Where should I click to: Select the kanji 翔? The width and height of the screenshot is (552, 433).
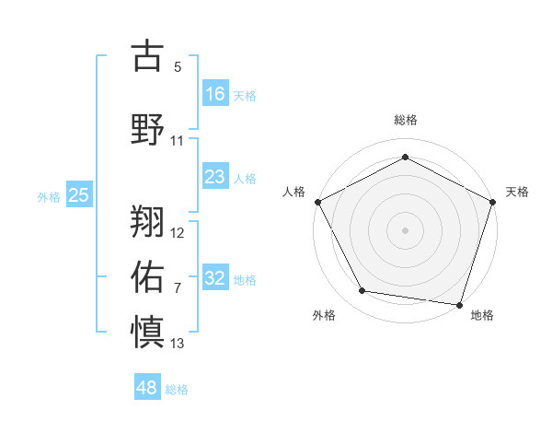[x=148, y=220]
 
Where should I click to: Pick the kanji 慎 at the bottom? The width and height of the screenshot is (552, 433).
[x=148, y=331]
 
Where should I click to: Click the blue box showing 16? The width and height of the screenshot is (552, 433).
[x=215, y=93]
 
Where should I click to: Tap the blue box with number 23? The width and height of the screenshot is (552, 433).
[x=215, y=177]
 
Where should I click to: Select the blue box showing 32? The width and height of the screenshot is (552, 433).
[x=215, y=278]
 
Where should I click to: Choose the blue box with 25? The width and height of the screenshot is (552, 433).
[x=79, y=194]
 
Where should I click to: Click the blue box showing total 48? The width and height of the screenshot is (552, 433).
[x=147, y=388]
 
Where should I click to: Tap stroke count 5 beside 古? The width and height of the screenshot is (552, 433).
[x=178, y=67]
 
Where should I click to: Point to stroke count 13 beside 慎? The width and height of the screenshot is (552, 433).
[x=178, y=344]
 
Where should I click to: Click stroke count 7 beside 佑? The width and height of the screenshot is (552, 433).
[x=178, y=288]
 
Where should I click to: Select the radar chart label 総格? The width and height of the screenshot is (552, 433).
[x=405, y=121]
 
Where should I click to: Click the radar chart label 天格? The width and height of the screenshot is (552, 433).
[x=517, y=192]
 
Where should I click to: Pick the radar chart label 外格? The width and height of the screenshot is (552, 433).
[x=324, y=315]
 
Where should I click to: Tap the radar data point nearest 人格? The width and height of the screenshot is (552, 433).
[x=317, y=201]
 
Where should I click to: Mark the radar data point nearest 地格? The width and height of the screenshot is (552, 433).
[x=459, y=304]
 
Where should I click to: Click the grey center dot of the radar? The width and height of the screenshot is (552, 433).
[x=405, y=229]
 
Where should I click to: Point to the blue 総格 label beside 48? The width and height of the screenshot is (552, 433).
[x=177, y=390]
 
